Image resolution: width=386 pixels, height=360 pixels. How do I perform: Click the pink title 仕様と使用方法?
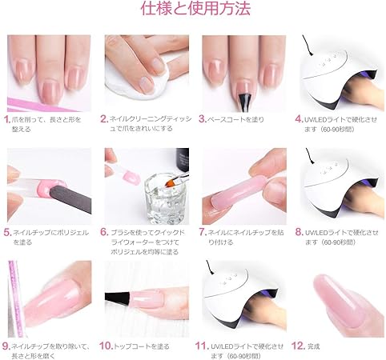[195, 9]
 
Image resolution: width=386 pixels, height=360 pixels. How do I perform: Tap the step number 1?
[7, 119]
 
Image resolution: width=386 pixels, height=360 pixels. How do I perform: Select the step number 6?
[104, 232]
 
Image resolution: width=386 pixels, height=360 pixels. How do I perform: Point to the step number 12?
[299, 346]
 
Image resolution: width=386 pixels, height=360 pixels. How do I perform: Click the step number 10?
[107, 346]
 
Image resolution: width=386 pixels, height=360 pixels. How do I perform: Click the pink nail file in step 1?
[40, 105]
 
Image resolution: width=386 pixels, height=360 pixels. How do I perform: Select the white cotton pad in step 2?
[139, 80]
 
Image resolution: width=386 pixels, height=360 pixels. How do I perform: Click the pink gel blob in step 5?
[50, 187]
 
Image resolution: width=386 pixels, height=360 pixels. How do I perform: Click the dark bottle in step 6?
[183, 159]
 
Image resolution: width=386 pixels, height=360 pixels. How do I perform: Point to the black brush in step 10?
[117, 297]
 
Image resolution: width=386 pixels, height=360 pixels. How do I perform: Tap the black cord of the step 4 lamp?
[307, 46]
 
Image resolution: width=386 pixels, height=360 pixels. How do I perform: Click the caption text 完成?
[314, 346]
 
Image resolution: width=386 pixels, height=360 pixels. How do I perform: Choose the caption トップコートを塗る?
[142, 346]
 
